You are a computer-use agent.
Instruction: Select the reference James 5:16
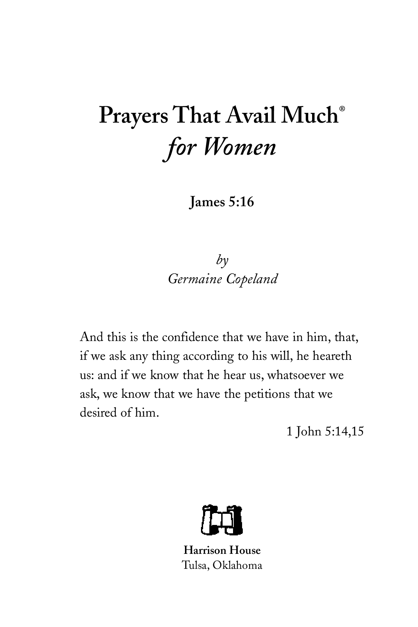(221, 202)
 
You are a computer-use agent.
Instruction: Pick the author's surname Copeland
(252, 279)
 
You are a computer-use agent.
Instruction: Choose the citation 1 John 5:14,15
(325, 432)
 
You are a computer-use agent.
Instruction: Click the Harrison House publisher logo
(222, 519)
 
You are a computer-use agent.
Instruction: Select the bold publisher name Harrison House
(222, 550)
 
